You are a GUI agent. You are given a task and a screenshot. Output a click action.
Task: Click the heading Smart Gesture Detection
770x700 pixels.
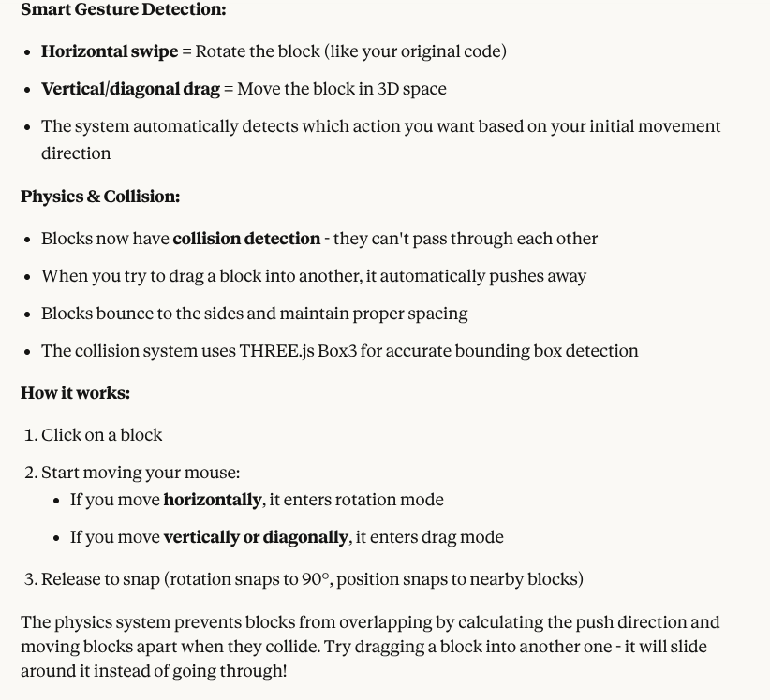[x=123, y=10]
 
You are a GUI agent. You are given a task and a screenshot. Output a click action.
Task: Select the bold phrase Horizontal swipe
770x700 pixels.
[x=110, y=51]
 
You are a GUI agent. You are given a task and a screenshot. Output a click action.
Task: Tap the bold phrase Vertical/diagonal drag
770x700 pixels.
[x=130, y=89]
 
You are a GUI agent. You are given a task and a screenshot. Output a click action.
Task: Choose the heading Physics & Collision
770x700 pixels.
[x=100, y=197]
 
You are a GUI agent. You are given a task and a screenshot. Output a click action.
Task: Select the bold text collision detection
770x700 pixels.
[x=246, y=239]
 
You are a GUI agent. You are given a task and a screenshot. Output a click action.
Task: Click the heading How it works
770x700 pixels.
[x=75, y=393]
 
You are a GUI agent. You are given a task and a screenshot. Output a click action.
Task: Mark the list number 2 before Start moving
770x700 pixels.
[x=30, y=473]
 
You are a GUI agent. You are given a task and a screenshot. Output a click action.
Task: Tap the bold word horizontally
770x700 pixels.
[x=212, y=500]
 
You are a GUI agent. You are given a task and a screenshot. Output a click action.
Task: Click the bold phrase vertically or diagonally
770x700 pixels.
[x=256, y=537]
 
